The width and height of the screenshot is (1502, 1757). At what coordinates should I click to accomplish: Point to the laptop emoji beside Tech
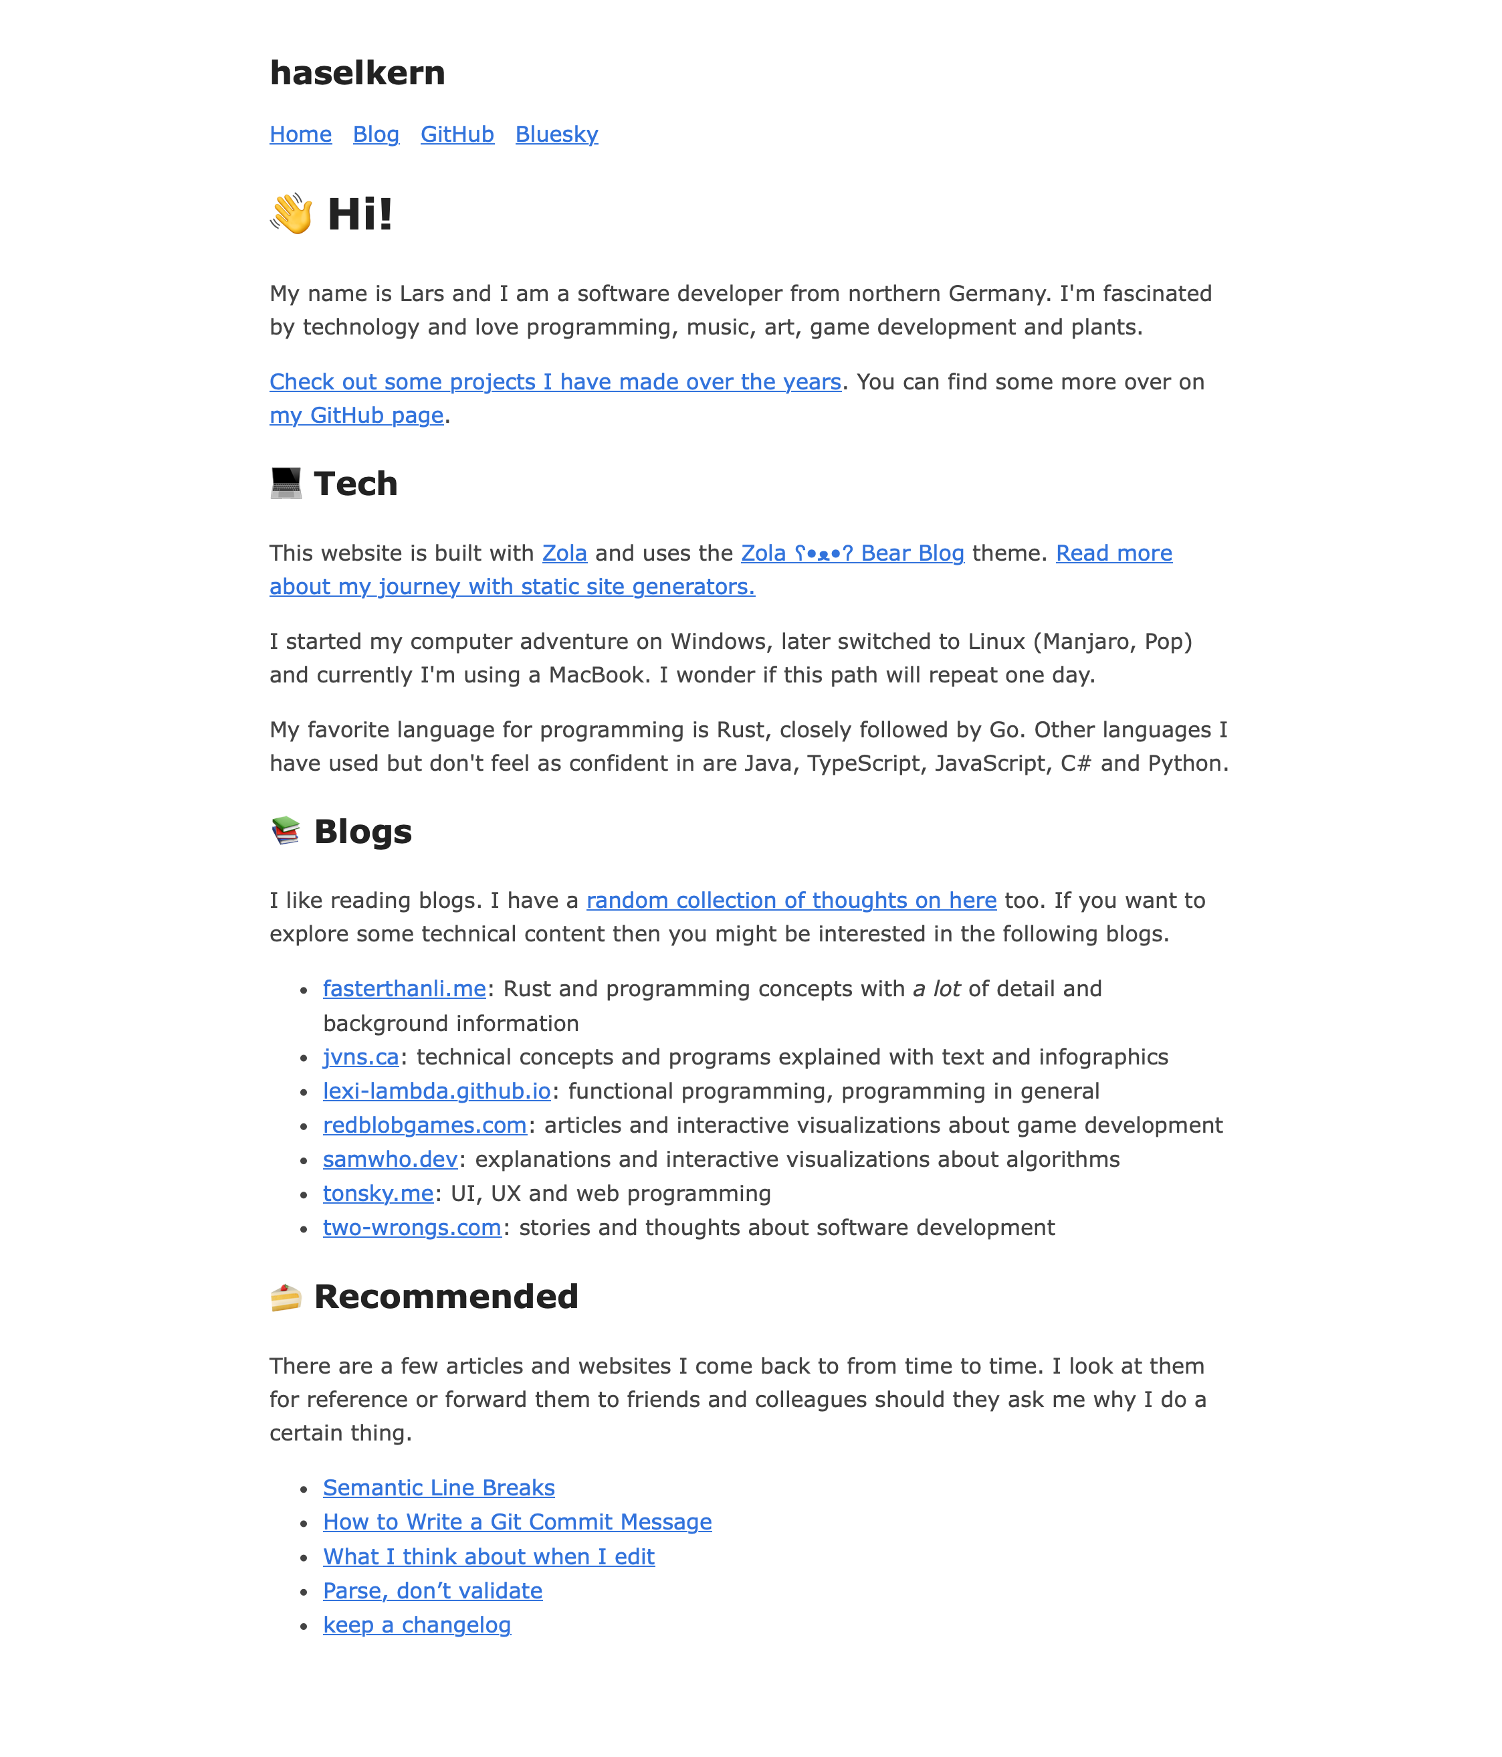click(x=286, y=483)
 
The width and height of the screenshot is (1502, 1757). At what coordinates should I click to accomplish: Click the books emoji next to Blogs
click(x=286, y=831)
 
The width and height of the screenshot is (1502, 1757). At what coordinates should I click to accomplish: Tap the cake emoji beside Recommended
click(x=286, y=1297)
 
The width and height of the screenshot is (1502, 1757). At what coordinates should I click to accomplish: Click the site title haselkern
click(x=357, y=73)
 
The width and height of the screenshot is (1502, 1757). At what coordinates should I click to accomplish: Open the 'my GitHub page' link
click(x=356, y=415)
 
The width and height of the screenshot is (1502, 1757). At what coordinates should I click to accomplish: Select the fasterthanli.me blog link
click(x=405, y=989)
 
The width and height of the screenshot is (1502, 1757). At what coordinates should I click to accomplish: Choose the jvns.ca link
click(x=360, y=1056)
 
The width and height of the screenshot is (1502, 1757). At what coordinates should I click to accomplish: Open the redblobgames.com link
click(x=425, y=1125)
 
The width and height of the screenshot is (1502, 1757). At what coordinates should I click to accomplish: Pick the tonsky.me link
click(x=378, y=1193)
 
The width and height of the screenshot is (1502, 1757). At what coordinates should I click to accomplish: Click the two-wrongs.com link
click(x=412, y=1228)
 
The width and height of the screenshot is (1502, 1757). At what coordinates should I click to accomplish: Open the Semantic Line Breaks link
click(x=438, y=1487)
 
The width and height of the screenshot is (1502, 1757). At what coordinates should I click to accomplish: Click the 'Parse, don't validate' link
click(x=432, y=1591)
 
